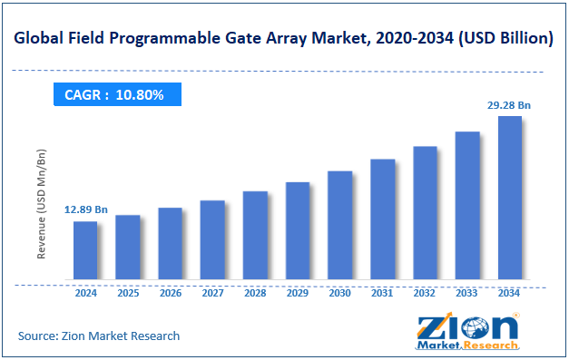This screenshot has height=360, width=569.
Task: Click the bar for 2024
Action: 85,250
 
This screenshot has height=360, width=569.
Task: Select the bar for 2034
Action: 510,198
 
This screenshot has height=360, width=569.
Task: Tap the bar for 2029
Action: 298,230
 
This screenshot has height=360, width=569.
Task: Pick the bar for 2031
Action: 383,219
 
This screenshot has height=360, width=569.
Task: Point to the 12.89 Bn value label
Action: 85,209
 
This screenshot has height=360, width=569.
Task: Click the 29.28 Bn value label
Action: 509,105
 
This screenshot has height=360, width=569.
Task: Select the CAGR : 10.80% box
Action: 114,94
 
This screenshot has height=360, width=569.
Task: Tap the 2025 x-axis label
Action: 128,294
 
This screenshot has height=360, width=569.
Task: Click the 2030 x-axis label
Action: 340,294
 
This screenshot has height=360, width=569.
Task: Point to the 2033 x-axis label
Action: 467,294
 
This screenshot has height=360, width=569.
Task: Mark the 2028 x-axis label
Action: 255,294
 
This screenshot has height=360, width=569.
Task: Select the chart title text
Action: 284,39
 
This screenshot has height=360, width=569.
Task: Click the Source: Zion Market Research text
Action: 99,336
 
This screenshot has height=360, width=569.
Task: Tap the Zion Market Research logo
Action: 466,331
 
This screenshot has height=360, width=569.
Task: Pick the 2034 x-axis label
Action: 510,294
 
